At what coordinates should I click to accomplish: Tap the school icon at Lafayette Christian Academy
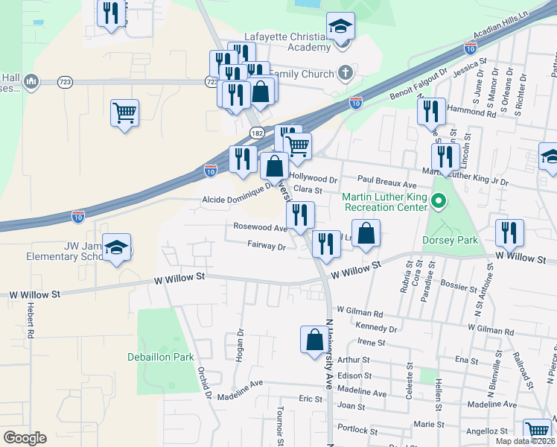[341, 27]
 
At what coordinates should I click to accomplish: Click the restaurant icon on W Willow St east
[509, 232]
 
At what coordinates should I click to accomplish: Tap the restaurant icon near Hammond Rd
[431, 111]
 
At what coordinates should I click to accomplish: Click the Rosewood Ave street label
[259, 228]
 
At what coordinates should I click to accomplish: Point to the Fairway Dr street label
[267, 245]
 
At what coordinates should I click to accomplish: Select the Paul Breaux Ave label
[386, 180]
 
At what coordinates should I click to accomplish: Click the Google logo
[25, 438]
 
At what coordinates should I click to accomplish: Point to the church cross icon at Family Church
[343, 73]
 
